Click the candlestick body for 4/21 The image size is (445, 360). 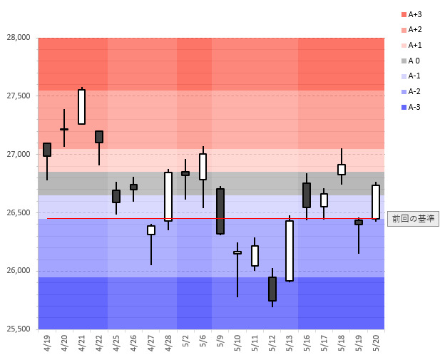pyautogui.click(x=81, y=107)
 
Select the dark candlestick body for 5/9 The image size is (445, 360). pyautogui.click(x=220, y=211)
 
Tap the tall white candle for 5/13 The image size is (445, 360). pyautogui.click(x=290, y=250)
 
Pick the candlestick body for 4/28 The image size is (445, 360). pyautogui.click(x=168, y=197)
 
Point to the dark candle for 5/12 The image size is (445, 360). pyautogui.click(x=272, y=289)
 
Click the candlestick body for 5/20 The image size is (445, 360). pyautogui.click(x=376, y=202)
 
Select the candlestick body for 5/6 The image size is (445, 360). pyautogui.click(x=203, y=167)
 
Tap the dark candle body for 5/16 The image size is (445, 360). pyautogui.click(x=307, y=195)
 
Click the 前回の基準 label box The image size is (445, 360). pyautogui.click(x=413, y=219)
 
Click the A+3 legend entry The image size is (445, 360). pyautogui.click(x=413, y=14)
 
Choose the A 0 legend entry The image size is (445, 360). pyautogui.click(x=413, y=61)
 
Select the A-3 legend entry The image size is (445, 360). pyautogui.click(x=413, y=107)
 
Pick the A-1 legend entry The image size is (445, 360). pyautogui.click(x=413, y=76)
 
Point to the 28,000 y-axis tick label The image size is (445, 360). pyautogui.click(x=19, y=38)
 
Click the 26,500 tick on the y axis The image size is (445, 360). pyautogui.click(x=19, y=212)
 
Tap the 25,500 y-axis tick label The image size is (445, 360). pyautogui.click(x=19, y=329)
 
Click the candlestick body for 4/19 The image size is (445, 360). pyautogui.click(x=47, y=150)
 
